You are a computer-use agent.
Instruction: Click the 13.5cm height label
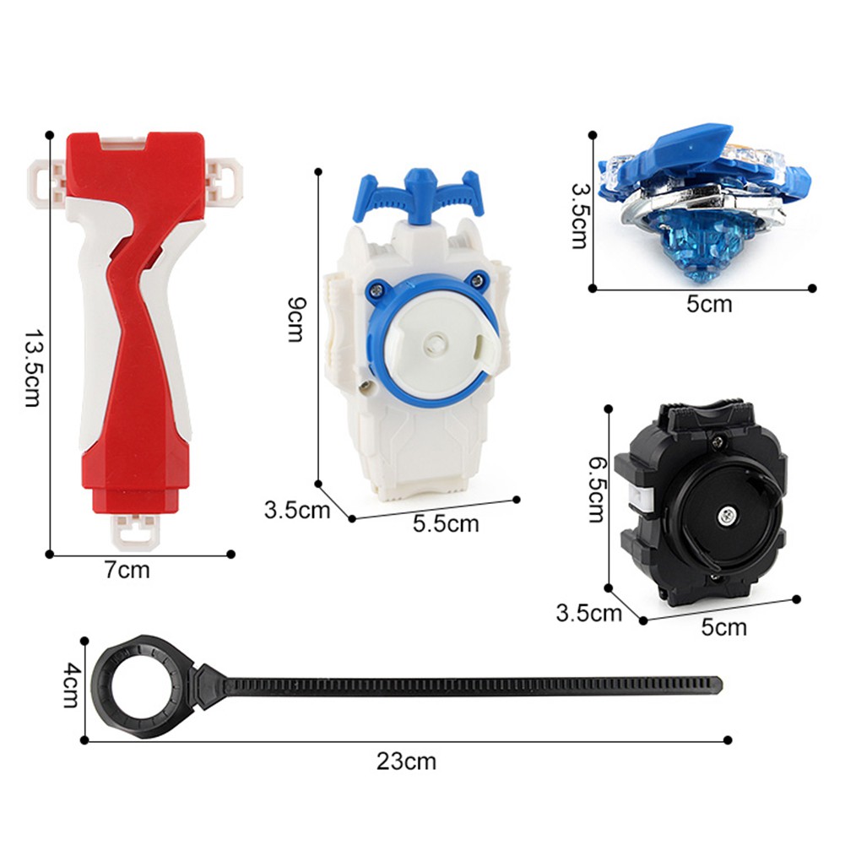tap(32, 367)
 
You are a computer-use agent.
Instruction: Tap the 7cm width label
tap(127, 570)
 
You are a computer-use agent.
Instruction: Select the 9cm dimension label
tap(295, 319)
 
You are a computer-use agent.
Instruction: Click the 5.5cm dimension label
tap(446, 523)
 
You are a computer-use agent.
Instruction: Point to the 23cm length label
tap(406, 761)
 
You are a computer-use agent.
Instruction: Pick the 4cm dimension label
tap(72, 685)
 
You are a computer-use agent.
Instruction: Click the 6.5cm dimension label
tap(595, 490)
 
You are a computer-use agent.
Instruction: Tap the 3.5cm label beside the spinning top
tap(580, 215)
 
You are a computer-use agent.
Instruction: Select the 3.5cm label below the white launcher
tap(297, 510)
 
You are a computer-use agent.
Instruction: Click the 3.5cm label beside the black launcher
tap(588, 613)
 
